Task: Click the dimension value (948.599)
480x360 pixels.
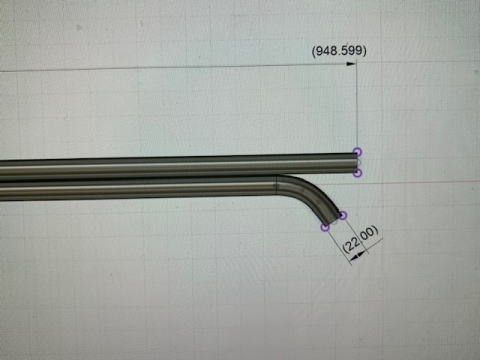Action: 339,51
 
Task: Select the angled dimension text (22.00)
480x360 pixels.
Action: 360,240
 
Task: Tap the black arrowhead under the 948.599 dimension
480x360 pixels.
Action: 351,64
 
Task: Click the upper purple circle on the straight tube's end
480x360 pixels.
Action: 357,152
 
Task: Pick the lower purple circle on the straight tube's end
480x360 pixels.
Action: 357,173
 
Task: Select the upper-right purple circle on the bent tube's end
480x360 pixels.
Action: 342,216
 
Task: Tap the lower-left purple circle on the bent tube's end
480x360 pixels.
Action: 325,227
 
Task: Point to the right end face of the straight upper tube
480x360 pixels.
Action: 357,163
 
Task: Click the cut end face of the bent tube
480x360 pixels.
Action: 334,221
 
